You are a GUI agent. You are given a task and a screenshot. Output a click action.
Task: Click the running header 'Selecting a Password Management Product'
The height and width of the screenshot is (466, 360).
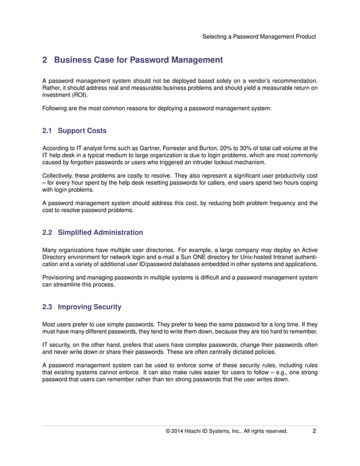(x=259, y=37)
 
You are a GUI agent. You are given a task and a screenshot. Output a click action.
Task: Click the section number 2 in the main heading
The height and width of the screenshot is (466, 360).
(x=46, y=60)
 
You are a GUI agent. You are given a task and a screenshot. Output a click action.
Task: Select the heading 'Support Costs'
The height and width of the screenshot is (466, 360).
(x=82, y=131)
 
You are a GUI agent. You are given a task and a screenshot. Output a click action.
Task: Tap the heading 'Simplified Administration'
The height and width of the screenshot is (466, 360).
(x=100, y=232)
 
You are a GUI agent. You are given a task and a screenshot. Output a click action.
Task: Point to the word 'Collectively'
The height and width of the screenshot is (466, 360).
(x=59, y=175)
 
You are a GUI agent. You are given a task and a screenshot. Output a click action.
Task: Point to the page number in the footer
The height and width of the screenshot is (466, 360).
(x=314, y=433)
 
